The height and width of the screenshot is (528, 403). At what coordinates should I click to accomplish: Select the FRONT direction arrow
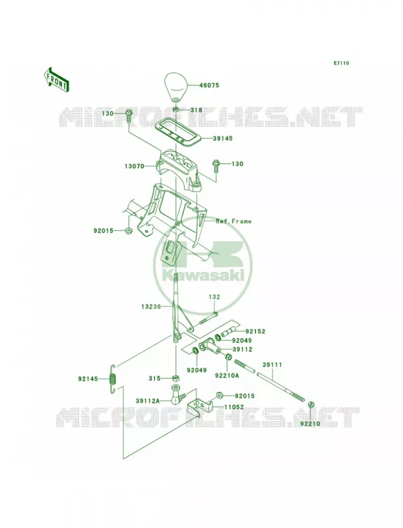click(x=56, y=79)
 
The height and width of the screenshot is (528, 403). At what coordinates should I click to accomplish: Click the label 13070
click(x=135, y=166)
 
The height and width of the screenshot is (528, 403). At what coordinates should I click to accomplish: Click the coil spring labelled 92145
click(x=113, y=378)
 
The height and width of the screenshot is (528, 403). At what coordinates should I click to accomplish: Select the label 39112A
click(x=147, y=401)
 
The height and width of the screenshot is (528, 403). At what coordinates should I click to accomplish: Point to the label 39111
click(x=272, y=365)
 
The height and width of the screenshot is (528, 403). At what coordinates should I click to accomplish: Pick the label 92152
click(x=255, y=331)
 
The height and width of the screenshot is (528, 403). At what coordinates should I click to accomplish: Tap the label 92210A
click(x=227, y=375)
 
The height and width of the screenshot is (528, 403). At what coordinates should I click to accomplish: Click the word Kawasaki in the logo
click(x=203, y=275)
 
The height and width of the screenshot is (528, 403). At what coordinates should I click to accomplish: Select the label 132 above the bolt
click(x=214, y=297)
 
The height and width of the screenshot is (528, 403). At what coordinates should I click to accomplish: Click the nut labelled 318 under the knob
click(x=176, y=110)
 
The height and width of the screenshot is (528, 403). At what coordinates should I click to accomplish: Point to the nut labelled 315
click(x=175, y=378)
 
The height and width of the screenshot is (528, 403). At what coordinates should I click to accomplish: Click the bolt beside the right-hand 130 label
click(x=215, y=166)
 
